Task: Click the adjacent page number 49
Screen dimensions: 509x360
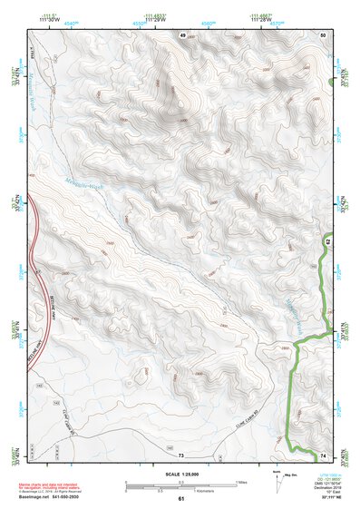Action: [181, 34]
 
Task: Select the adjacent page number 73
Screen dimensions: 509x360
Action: [181, 454]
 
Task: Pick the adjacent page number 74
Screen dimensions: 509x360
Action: [322, 454]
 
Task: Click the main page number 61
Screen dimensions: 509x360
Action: [181, 498]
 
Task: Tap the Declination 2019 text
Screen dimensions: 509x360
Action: [334, 487]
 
